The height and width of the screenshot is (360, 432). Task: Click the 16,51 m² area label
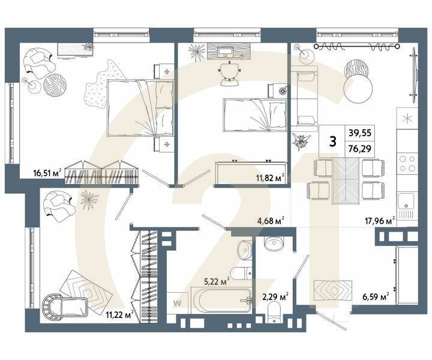[x=49, y=174]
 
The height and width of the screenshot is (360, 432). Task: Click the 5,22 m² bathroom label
[x=216, y=280]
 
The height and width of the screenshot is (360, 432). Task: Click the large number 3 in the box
[x=332, y=142]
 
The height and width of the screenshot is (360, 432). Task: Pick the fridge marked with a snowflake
[x=407, y=118]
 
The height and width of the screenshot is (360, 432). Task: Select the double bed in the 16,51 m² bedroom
[x=140, y=108]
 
